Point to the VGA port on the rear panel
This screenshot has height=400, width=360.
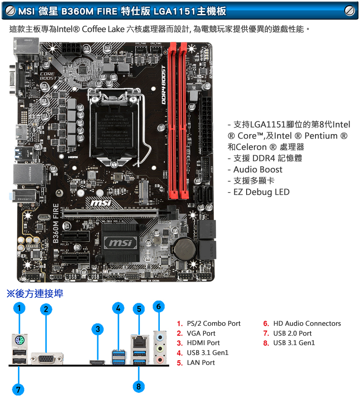pyautogui.click(x=46, y=358)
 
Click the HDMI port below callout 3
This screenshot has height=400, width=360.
pyautogui.click(x=97, y=362)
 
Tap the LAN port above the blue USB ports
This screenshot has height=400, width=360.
pyautogui.click(x=139, y=341)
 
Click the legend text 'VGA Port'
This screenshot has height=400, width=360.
pyautogui.click(x=201, y=333)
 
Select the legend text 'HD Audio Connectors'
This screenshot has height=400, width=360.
pyautogui.click(x=307, y=324)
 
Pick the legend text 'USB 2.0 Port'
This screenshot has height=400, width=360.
pyautogui.click(x=292, y=333)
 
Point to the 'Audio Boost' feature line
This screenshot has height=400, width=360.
pyautogui.click(x=257, y=170)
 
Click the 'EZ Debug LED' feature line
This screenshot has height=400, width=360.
pyautogui.click(x=261, y=192)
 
